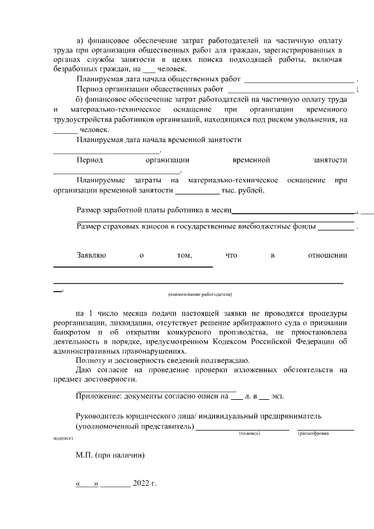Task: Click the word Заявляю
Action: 91,255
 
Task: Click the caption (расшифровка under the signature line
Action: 313,434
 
